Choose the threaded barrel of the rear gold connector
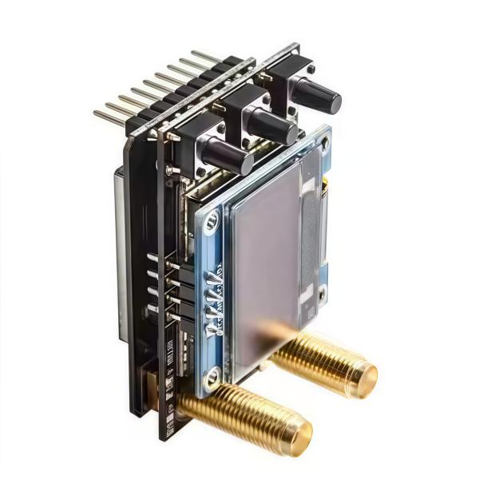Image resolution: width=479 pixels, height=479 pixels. point(319,359)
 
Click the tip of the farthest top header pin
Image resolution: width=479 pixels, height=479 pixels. point(194,53)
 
